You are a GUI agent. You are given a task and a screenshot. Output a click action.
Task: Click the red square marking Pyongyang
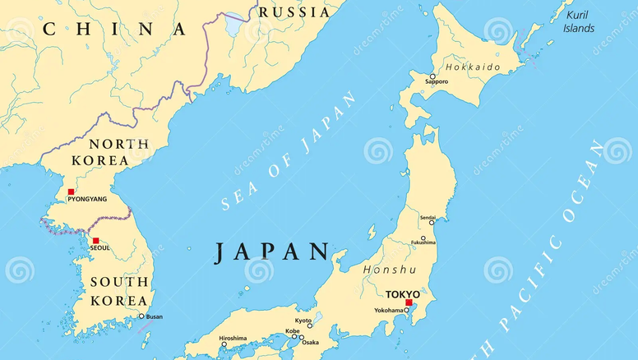pos(71,192)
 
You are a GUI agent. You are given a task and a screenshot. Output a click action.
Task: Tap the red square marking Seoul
pos(95,241)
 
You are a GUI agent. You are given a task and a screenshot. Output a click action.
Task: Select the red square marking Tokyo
pos(409,302)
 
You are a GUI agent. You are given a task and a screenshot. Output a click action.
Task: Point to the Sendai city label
pos(428,218)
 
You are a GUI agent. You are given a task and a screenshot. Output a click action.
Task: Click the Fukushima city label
pos(423,243)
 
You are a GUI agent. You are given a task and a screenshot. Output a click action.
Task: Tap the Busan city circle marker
pos(141,316)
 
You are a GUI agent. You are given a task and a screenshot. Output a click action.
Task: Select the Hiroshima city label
pos(233,338)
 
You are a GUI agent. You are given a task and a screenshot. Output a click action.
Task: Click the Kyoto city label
pos(303,321)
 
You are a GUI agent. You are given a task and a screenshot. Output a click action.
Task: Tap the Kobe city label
pos(292,332)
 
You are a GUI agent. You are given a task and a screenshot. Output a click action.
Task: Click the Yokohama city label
pos(390,311)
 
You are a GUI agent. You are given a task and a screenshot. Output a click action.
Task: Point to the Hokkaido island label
pos(472,66)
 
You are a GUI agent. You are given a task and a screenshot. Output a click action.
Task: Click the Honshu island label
pos(389,269)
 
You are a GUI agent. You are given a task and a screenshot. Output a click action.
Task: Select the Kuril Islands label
pos(579,21)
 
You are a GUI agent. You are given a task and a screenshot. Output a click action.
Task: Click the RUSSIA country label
pos(294,12)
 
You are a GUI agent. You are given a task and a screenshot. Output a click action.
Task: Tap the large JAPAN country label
pos(272,252)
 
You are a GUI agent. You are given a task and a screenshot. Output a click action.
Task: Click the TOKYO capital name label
pos(403,293)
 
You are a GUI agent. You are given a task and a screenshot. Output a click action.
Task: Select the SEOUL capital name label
pos(100,249)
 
